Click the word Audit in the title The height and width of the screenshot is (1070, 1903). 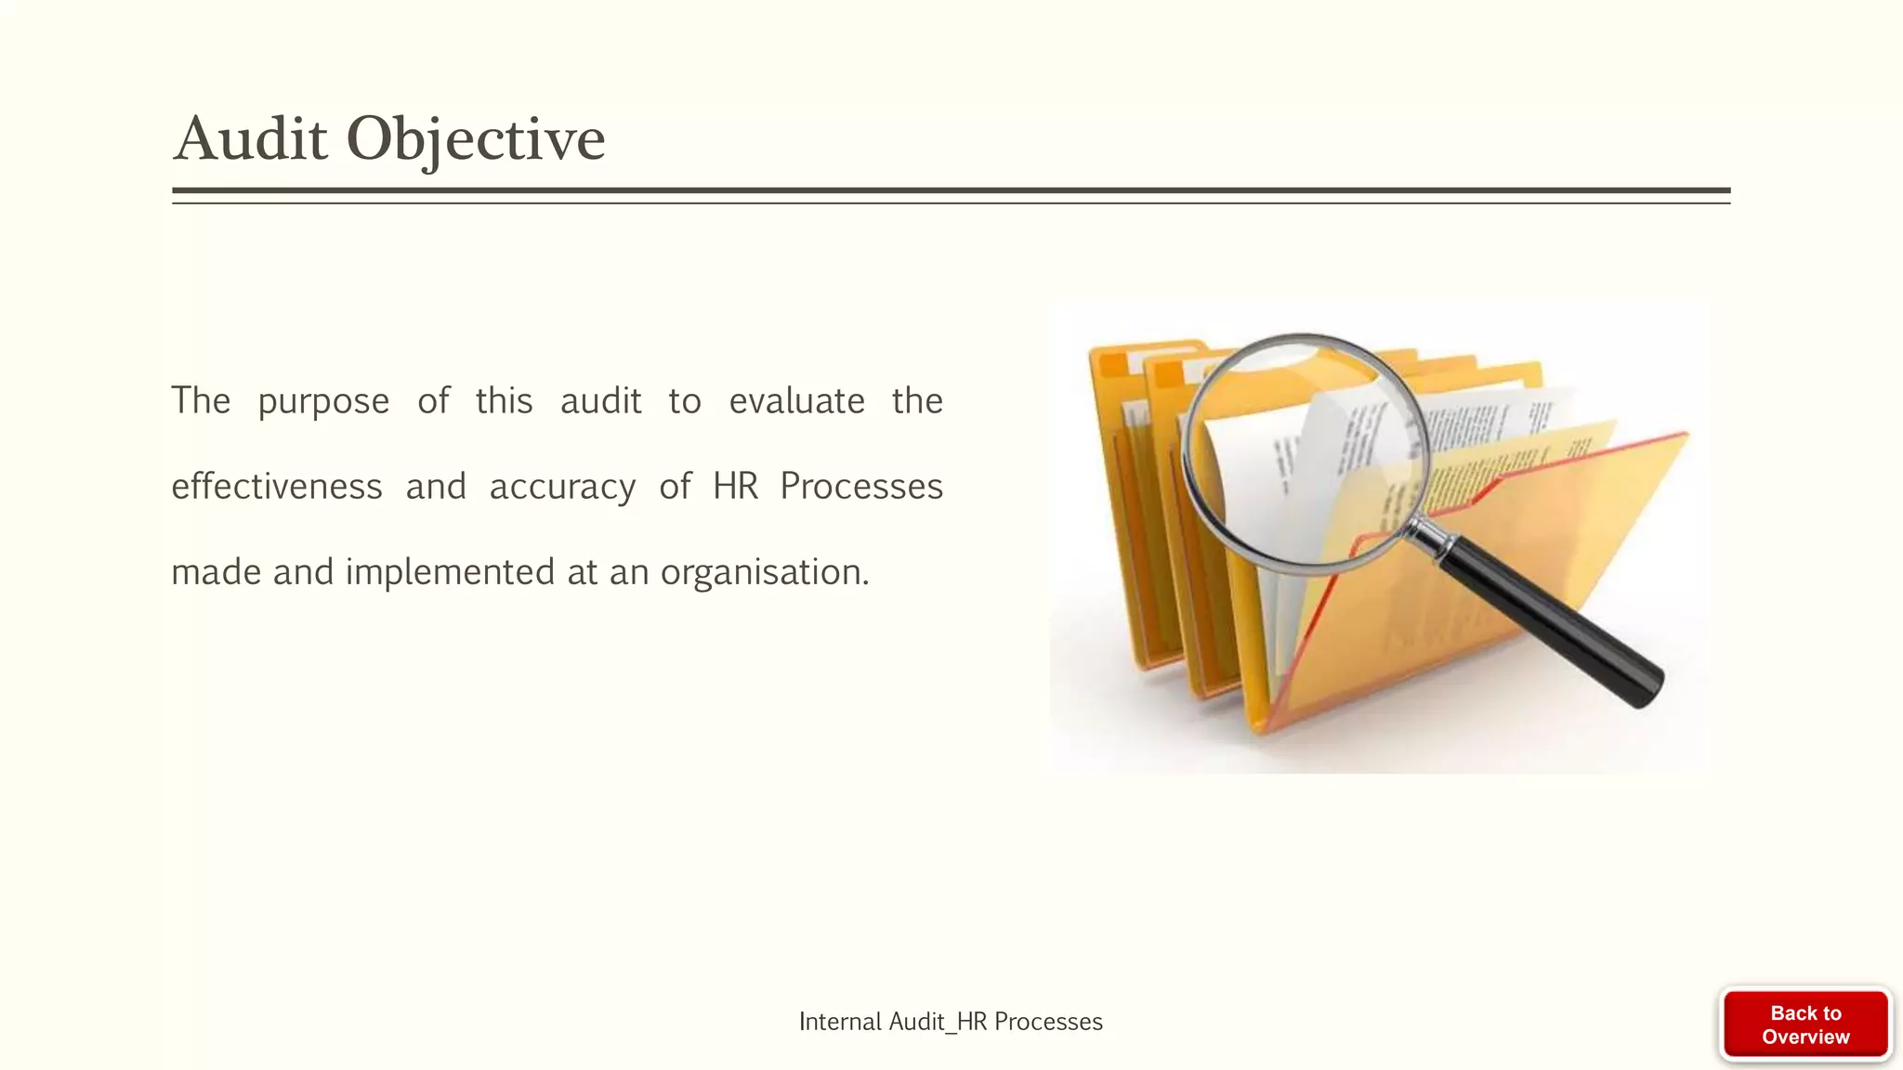[x=251, y=139]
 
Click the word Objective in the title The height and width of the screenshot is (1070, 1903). [x=476, y=139]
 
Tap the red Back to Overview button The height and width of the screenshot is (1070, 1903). [x=1805, y=1024]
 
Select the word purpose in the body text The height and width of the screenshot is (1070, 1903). [x=323, y=401]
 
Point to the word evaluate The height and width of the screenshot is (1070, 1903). [x=796, y=401]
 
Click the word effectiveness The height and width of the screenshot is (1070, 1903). [x=277, y=487]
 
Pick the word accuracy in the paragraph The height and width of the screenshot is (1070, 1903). [x=562, y=487]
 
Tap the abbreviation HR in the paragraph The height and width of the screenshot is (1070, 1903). [x=735, y=487]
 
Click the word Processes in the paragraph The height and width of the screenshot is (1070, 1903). [x=861, y=487]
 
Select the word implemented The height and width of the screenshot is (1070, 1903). [x=450, y=572]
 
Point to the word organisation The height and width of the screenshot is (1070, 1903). [x=764, y=572]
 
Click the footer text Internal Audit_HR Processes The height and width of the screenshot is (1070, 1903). [x=951, y=1022]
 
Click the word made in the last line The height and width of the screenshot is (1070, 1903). [x=216, y=572]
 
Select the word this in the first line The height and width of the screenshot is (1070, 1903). [x=504, y=401]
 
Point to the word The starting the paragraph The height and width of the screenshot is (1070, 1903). [x=201, y=401]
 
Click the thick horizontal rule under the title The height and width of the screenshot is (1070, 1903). [x=951, y=190]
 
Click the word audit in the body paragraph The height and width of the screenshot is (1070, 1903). [x=600, y=401]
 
